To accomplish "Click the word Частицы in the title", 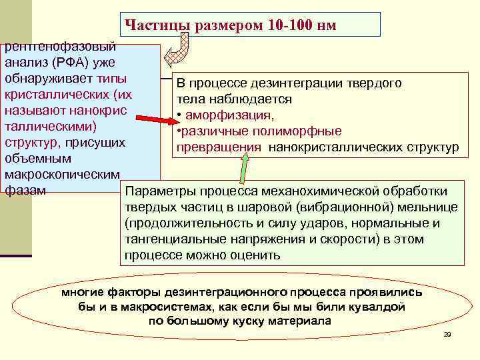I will coord(158,25).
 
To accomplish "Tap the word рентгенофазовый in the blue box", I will coord(60,47).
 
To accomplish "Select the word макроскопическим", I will coord(61,175).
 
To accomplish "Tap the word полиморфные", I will coord(300,131).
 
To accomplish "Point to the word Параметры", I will coord(161,190).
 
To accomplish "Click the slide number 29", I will coord(447,333).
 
